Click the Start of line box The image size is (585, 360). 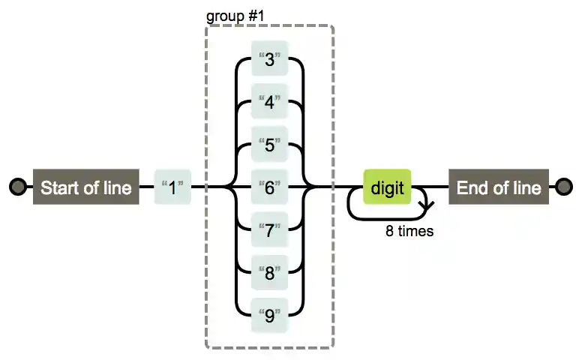click(x=85, y=187)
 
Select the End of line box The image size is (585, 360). click(x=499, y=187)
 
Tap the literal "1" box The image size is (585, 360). click(x=172, y=187)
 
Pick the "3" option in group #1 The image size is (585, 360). click(x=270, y=60)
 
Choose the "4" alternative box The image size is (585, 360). click(x=270, y=102)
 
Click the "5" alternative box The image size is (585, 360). click(x=270, y=145)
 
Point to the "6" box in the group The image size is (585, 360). click(x=270, y=187)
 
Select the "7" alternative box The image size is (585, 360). click(x=270, y=229)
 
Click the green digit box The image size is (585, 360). click(x=387, y=187)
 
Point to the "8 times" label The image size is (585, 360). click(x=409, y=232)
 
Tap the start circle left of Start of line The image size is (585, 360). click(x=17, y=187)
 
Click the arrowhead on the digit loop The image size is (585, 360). click(x=426, y=202)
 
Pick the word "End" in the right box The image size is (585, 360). click(x=472, y=187)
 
